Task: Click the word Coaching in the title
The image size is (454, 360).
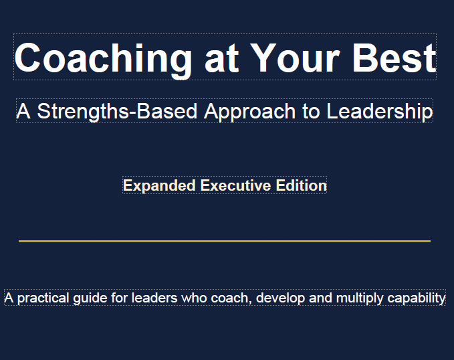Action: click(103, 60)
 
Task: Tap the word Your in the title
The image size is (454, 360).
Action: click(295, 58)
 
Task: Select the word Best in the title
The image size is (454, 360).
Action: click(394, 58)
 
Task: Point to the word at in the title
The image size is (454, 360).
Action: click(222, 60)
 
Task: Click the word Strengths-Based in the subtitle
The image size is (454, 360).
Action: click(117, 112)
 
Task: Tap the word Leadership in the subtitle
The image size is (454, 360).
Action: click(380, 112)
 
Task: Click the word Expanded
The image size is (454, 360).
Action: click(159, 186)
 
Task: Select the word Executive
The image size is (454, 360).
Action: click(235, 185)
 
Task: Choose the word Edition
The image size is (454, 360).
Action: click(302, 185)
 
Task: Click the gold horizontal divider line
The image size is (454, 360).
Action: click(225, 241)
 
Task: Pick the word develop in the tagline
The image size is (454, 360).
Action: click(281, 298)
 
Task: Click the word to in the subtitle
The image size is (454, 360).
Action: click(312, 112)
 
